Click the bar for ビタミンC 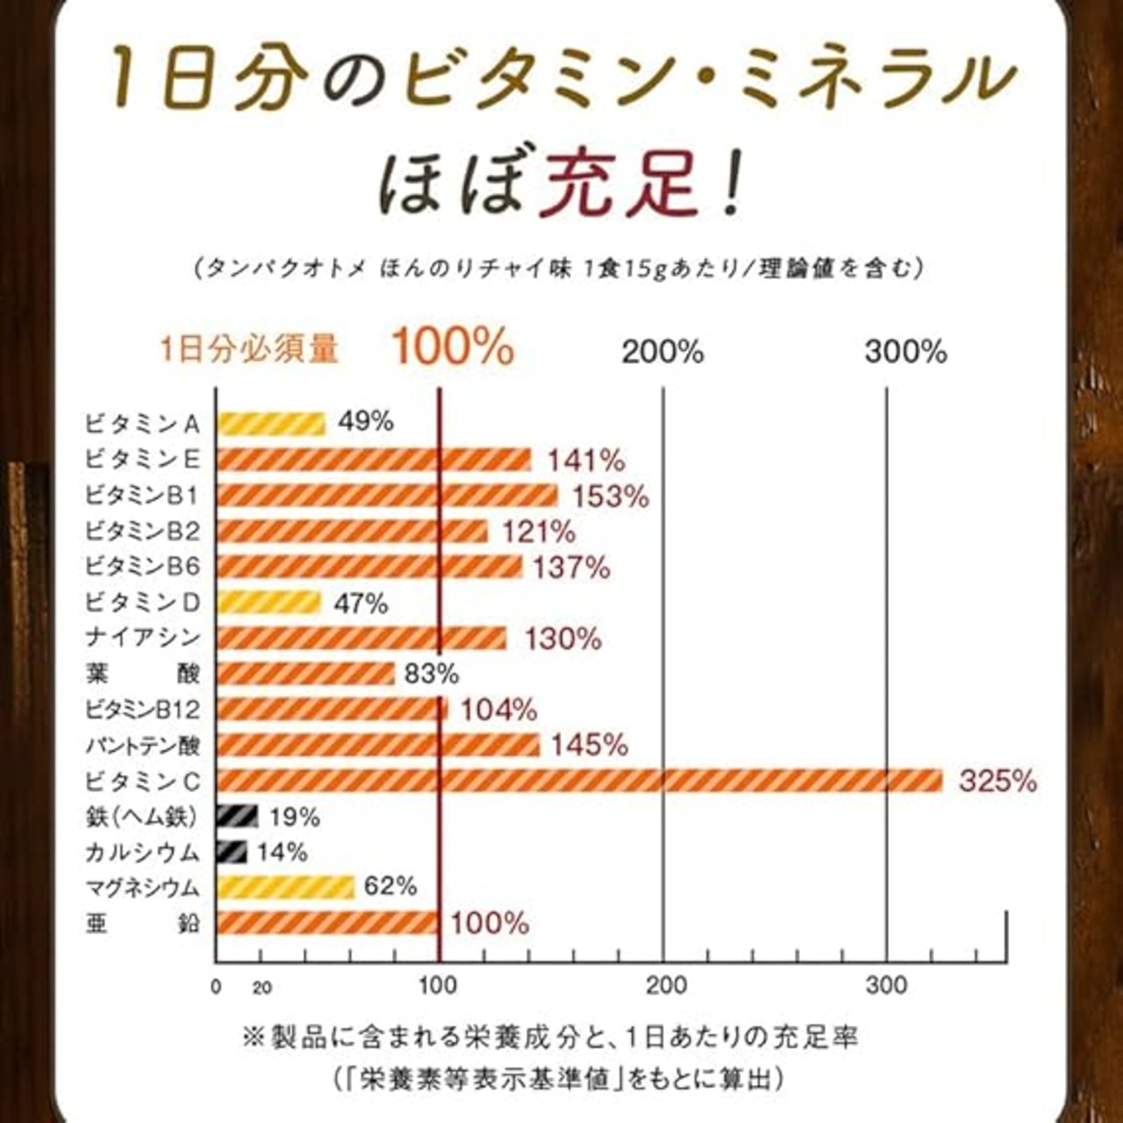point(579,780)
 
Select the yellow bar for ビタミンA point(271,424)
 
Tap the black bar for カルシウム point(232,851)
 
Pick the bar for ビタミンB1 point(387,496)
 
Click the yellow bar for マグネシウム point(285,887)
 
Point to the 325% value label point(998,781)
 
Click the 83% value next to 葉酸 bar point(432,674)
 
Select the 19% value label point(295,817)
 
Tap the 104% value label point(498,710)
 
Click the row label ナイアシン point(143,638)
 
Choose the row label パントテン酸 point(143,746)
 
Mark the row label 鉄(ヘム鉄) point(141,817)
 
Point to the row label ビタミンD point(143,602)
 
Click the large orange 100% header point(453,347)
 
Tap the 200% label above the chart point(662,352)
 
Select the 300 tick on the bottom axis point(886,986)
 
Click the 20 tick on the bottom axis point(261,988)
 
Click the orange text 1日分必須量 point(249,349)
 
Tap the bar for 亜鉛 point(327,923)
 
